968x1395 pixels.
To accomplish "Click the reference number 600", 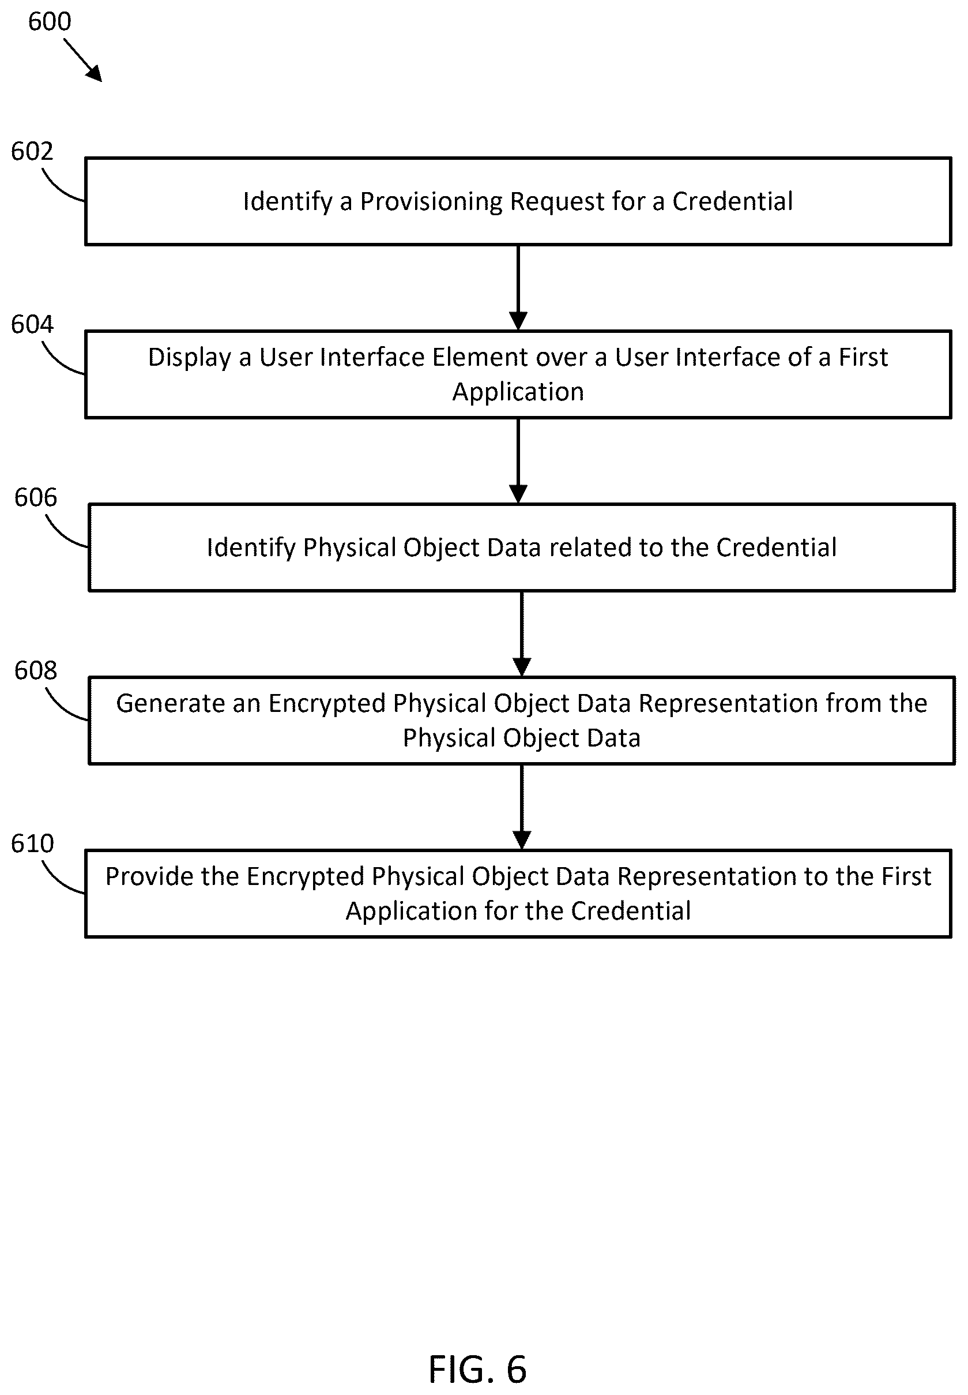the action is pos(50,22).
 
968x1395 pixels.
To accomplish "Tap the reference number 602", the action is pos(32,152).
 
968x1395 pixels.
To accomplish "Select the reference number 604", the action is pos(32,325).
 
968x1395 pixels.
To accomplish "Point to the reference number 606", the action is pos(36,497).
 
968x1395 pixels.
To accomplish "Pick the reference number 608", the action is pos(36,670).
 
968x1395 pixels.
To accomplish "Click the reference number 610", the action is pos(32,843).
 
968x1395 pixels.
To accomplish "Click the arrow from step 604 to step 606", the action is pos(518,460).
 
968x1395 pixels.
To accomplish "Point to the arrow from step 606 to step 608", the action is pos(522,633).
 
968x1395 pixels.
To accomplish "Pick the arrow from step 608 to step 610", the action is pos(522,807).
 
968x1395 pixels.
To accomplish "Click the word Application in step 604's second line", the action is pos(518,392).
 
